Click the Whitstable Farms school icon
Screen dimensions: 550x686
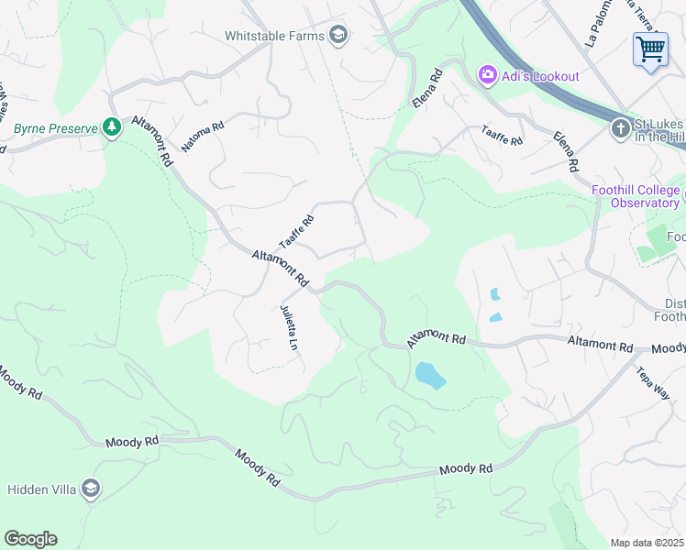[338, 36]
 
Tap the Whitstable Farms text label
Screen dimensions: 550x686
[276, 36]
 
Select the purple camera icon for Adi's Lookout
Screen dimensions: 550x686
[487, 75]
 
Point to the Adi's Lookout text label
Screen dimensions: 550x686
[540, 76]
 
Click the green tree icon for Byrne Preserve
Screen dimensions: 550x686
[112, 127]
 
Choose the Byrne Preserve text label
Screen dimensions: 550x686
[55, 128]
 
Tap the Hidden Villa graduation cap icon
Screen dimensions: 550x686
[90, 489]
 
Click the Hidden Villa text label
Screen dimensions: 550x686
[42, 489]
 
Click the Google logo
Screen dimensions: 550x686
[30, 539]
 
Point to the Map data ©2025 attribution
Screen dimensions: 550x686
[647, 543]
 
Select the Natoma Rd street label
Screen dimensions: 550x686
[203, 137]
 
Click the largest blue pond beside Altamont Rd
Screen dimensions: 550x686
[430, 375]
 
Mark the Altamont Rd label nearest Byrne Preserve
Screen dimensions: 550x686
[152, 139]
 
